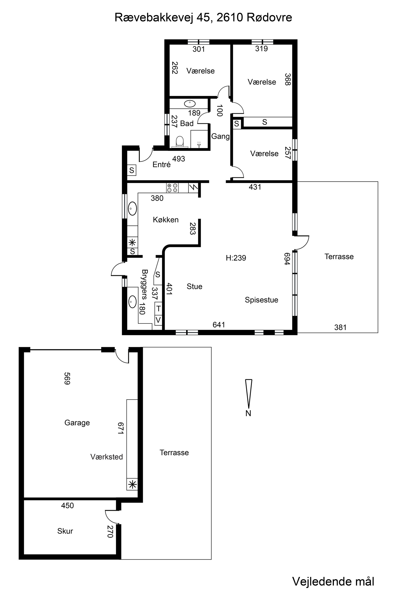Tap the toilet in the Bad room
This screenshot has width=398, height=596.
[x=180, y=142]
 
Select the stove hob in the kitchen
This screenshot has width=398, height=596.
[x=172, y=188]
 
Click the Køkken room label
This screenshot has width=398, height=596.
[x=166, y=220]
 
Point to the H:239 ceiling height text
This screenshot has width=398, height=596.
[x=236, y=258]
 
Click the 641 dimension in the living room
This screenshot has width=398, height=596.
[x=219, y=325]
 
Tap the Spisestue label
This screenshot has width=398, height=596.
[x=261, y=300]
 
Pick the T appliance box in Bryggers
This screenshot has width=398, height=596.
[x=158, y=309]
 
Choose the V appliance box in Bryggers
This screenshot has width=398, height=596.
[x=158, y=320]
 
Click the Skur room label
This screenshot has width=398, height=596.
[x=65, y=531]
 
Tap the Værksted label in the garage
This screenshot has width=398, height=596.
[x=107, y=457]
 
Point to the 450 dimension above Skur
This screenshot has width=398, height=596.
[x=67, y=506]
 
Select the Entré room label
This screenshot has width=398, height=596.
[x=161, y=164]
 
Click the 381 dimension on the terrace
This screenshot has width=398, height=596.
[x=340, y=327]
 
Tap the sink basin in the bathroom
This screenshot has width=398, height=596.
[x=190, y=104]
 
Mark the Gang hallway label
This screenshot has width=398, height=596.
[x=220, y=136]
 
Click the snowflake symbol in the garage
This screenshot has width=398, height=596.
[x=132, y=485]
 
